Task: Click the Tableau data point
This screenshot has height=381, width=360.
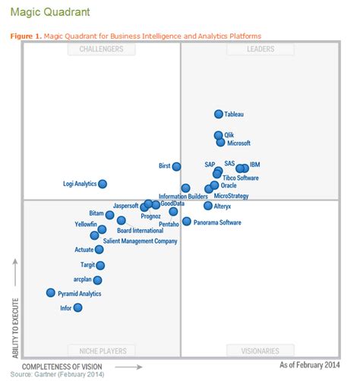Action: point(219,114)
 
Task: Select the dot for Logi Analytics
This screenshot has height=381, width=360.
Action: point(103,184)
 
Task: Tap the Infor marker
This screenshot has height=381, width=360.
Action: point(77,307)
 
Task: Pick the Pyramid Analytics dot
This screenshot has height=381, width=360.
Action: point(51,292)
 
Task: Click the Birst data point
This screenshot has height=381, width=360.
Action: point(176,166)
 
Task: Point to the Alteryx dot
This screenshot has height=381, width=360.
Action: point(208,206)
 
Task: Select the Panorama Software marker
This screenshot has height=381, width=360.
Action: point(187,222)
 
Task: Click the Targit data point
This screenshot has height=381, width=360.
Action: point(100,265)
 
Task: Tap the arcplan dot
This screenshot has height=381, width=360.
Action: point(97,279)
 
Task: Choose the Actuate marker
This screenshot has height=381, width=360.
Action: point(99,249)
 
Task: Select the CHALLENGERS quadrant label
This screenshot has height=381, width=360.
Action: point(101,50)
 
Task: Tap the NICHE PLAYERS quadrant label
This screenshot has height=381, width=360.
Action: point(101,350)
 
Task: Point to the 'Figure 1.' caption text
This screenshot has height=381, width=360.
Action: point(25,35)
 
